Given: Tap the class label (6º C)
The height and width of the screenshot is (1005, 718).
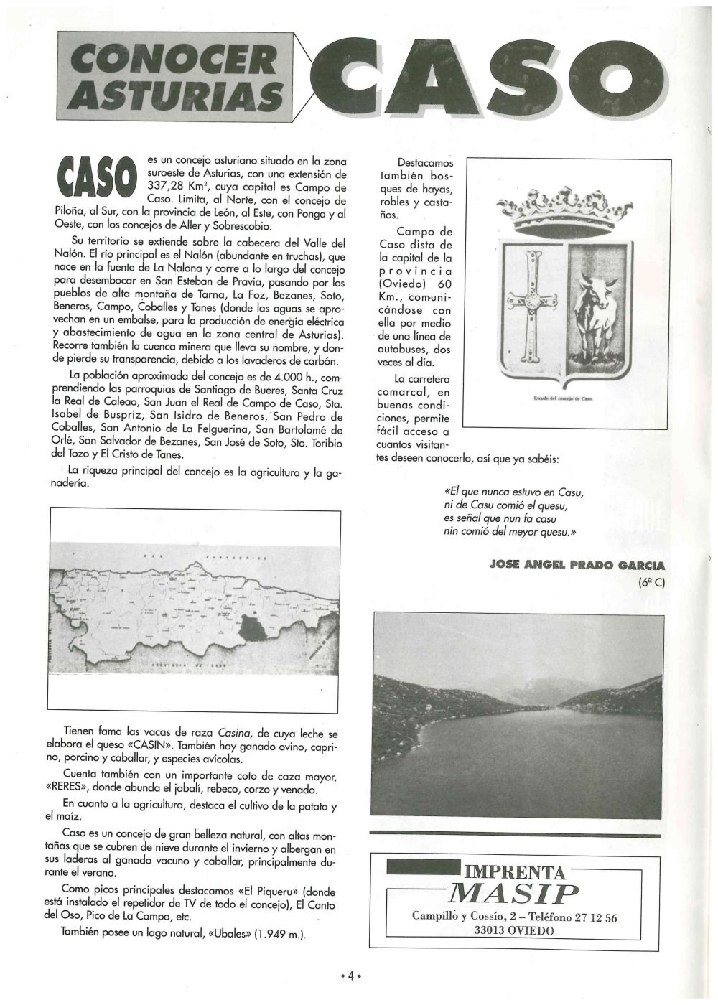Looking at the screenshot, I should pos(651,582).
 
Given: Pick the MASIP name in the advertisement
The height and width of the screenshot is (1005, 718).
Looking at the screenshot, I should pos(513,894).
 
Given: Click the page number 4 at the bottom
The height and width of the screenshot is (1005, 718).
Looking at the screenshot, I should pos(350,976).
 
